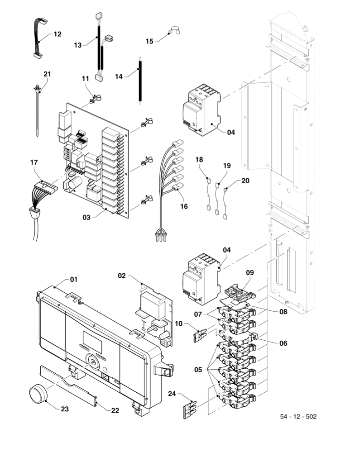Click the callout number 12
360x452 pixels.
(57, 34)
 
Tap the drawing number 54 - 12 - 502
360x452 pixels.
(298, 416)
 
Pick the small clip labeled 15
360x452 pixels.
(174, 32)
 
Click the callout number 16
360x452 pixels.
(183, 206)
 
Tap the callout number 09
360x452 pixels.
(250, 273)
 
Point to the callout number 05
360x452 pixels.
(198, 370)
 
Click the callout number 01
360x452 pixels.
(73, 280)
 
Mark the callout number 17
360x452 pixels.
(34, 162)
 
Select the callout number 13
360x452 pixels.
(77, 45)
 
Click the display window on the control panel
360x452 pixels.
(92, 339)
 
